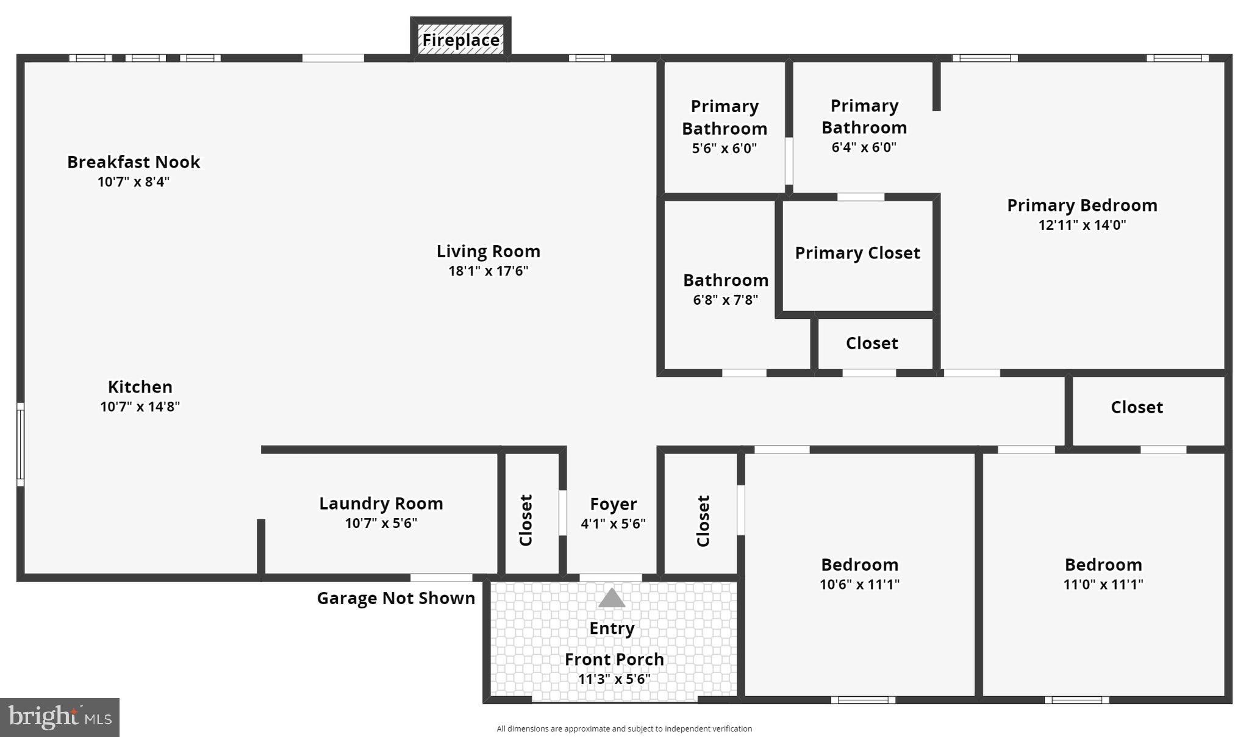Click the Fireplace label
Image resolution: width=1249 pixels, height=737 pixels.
pyautogui.click(x=460, y=40)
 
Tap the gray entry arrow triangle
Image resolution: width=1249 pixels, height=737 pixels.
pyautogui.click(x=611, y=598)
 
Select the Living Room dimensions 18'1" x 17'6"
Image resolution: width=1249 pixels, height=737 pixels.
pyautogui.click(x=488, y=271)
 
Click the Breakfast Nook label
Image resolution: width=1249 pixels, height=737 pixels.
pyautogui.click(x=133, y=162)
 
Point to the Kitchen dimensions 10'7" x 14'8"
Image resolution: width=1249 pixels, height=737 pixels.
pyautogui.click(x=140, y=407)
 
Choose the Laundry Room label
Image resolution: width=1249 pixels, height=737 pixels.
pyautogui.click(x=381, y=504)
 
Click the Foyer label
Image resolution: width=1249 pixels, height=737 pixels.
pyautogui.click(x=613, y=504)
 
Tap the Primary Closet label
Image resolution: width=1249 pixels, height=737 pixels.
pyautogui.click(x=857, y=253)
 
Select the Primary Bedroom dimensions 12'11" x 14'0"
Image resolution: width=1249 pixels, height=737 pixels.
pyautogui.click(x=1082, y=225)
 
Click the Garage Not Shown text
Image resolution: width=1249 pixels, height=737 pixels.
pyautogui.click(x=396, y=599)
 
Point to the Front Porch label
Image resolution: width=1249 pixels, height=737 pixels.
pyautogui.click(x=614, y=660)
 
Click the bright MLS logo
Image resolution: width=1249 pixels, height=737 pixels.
pyautogui.click(x=60, y=717)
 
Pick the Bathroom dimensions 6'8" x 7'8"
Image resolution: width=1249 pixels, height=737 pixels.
pyautogui.click(x=725, y=300)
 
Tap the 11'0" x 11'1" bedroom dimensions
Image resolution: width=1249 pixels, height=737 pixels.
pyautogui.click(x=1103, y=585)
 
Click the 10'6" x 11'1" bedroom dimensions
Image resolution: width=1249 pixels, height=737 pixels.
pyautogui.click(x=859, y=585)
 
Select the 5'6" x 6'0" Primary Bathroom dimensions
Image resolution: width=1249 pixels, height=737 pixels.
pyautogui.click(x=724, y=148)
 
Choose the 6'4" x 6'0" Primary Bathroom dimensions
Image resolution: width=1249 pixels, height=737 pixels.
pyautogui.click(x=864, y=148)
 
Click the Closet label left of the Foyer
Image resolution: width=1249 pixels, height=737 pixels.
pyautogui.click(x=526, y=520)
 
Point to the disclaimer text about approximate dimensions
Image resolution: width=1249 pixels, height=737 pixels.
pyautogui.click(x=624, y=728)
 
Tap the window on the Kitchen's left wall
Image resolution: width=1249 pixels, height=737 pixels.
pyautogui.click(x=20, y=444)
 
